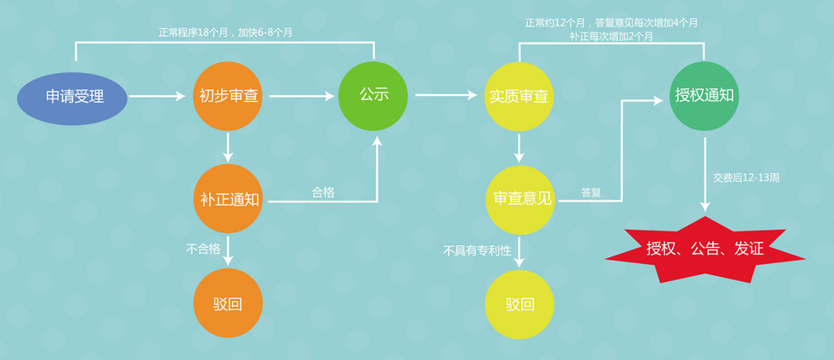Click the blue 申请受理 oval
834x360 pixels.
75,97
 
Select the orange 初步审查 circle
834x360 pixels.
227,97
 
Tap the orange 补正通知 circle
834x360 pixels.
227,201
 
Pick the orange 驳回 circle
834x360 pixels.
227,303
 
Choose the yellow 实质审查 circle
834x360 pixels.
519,96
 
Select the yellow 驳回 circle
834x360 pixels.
519,304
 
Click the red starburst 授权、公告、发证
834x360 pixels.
705,250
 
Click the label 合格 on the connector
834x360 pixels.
323,193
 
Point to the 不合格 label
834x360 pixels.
203,249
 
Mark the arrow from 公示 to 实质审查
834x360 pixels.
446,95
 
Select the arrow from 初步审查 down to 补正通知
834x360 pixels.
227,146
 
